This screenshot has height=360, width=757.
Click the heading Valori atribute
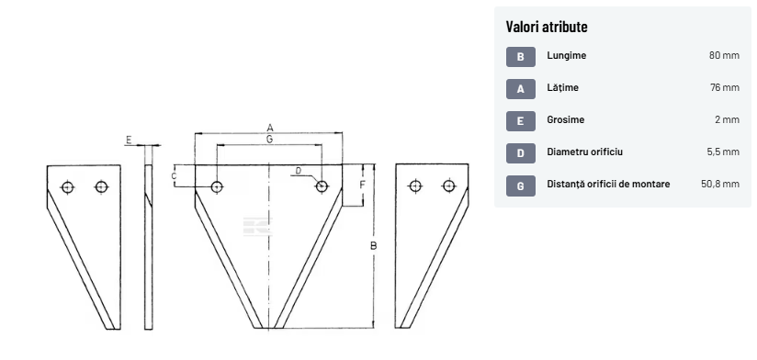click(x=547, y=27)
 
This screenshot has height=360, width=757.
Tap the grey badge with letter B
click(x=520, y=57)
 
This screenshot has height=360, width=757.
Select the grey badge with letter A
click(x=520, y=89)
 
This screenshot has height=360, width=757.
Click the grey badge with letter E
click(x=520, y=121)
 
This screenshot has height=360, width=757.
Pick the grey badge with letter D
click(x=520, y=153)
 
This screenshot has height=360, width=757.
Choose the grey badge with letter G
click(x=520, y=186)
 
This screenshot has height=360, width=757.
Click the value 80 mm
click(x=724, y=55)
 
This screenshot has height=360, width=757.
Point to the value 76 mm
click(x=725, y=88)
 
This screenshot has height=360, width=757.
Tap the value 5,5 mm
click(x=723, y=152)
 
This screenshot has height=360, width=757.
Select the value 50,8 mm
click(x=720, y=184)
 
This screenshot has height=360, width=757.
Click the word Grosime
click(x=565, y=119)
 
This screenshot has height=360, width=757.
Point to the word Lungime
click(x=566, y=55)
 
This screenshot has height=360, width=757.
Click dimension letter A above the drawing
click(x=270, y=128)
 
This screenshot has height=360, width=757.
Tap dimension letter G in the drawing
click(x=269, y=139)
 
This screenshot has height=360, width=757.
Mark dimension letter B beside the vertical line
click(x=373, y=246)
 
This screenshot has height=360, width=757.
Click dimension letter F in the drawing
click(x=363, y=185)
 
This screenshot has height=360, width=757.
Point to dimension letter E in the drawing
click(x=129, y=140)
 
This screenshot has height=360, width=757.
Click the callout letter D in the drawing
click(x=299, y=170)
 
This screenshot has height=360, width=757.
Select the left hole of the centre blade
click(x=217, y=186)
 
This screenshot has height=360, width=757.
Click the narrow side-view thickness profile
click(x=148, y=247)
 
